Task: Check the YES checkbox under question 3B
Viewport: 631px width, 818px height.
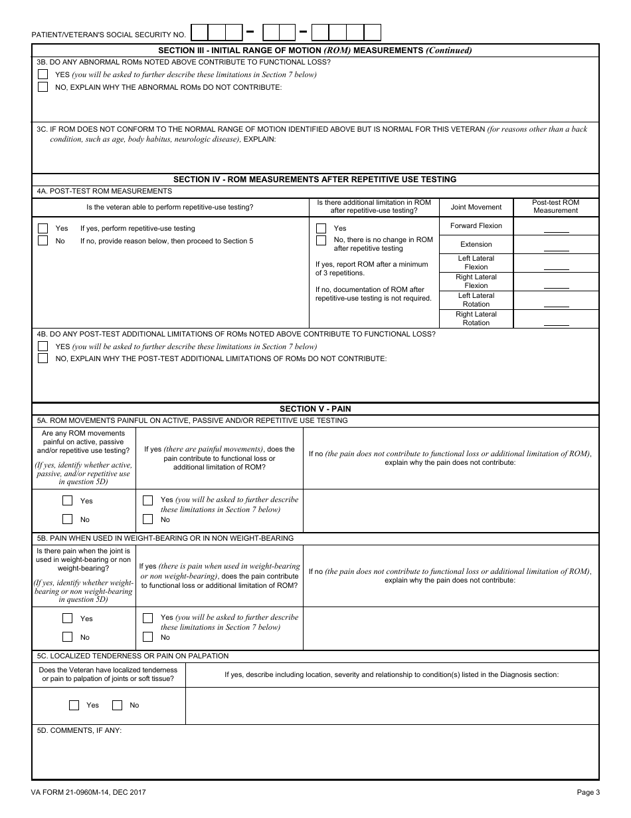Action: [43, 74]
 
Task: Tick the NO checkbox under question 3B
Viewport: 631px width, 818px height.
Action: [43, 86]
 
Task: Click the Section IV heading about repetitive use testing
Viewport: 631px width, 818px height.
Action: [315, 179]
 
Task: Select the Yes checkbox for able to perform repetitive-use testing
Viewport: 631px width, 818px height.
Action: [43, 228]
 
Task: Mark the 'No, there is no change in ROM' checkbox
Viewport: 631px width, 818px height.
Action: [321, 240]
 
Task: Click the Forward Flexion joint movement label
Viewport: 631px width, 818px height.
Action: [476, 225]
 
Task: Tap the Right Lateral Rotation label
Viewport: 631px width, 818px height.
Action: [476, 319]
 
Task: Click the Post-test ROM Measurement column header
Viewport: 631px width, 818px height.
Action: [556, 206]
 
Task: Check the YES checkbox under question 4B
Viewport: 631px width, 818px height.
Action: [43, 346]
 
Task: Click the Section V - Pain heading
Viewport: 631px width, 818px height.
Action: [315, 408]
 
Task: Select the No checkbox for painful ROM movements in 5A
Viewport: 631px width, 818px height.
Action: [67, 519]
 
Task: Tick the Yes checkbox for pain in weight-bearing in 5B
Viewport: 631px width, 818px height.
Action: [67, 618]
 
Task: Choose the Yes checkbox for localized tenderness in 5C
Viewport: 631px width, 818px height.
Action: [74, 705]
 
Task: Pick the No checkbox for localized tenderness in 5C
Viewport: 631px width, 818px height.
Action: [118, 705]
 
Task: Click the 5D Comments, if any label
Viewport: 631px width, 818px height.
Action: [79, 730]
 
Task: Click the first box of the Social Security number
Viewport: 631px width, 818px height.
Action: [199, 33]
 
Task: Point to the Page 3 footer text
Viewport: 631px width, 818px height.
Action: [588, 792]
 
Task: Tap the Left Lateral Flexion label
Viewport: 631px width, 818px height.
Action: [476, 263]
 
